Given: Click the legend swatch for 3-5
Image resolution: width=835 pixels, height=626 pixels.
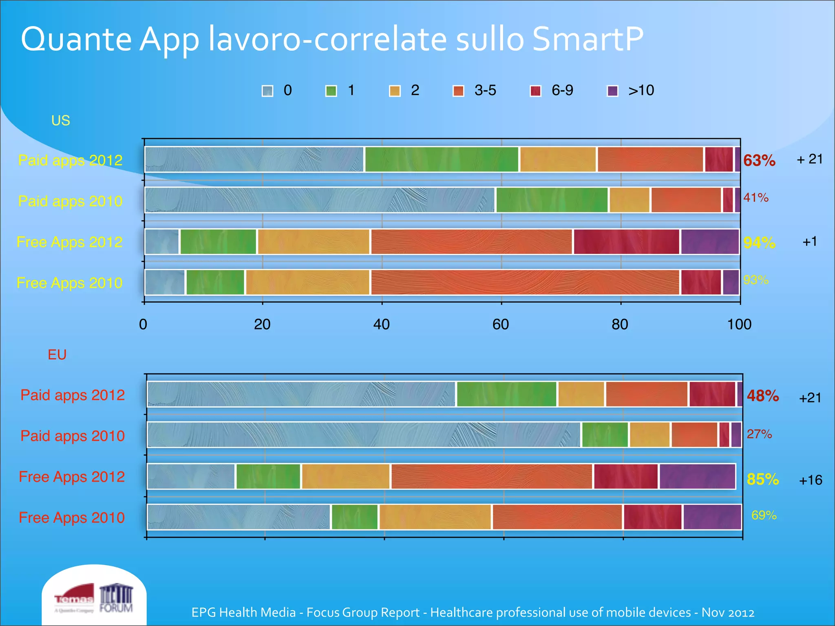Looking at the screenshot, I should [458, 91].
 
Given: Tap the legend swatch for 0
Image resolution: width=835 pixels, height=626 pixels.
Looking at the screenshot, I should [267, 91].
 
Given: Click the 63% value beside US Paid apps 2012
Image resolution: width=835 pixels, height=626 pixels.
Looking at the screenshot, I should [759, 161].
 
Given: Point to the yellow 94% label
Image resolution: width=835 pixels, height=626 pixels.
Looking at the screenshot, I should [759, 243].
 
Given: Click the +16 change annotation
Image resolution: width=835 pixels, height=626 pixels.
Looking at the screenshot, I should [810, 480].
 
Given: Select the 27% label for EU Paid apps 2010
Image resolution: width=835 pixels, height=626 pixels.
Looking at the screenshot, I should [759, 434].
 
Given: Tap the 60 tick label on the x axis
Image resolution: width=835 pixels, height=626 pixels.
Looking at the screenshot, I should [500, 324].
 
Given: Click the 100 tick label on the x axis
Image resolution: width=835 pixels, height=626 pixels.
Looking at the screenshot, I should [739, 324].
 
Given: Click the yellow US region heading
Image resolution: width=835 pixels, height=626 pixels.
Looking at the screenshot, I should [60, 121].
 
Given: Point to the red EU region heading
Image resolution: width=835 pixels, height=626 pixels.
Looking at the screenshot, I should [57, 355].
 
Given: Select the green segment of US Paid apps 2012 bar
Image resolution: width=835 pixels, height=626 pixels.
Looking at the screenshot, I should [442, 159].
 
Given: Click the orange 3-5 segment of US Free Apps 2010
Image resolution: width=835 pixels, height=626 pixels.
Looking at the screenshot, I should [525, 282].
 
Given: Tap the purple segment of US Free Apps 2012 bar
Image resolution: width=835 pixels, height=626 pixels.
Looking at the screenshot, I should [709, 242].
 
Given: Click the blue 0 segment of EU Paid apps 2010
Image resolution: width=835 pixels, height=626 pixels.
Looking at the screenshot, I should [363, 435].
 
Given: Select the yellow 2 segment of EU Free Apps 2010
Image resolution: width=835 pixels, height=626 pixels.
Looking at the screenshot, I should [435, 517].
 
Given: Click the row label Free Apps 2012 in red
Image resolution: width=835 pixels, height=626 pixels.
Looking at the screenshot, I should [72, 477].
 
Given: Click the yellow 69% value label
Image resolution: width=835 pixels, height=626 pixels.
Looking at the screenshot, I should [764, 516].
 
